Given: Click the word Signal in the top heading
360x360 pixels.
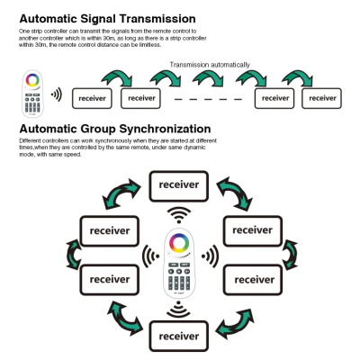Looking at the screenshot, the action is click(98, 19).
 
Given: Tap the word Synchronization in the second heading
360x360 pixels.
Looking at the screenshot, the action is click(165, 130).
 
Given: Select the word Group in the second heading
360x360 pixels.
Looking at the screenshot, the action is click(98, 130).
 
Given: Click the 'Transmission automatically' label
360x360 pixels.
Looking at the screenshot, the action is click(210, 65).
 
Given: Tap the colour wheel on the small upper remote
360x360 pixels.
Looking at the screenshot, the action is click(32, 80).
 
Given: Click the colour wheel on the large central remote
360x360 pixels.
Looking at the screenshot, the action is click(179, 242).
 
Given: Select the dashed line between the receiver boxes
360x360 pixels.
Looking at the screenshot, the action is click(208, 99).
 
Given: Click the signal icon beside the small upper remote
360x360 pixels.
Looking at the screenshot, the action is click(57, 94).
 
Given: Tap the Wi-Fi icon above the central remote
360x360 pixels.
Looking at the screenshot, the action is click(179, 215).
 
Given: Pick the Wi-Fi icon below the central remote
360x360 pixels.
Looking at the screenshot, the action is click(179, 310).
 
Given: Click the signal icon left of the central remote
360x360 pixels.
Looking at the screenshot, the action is click(151, 256).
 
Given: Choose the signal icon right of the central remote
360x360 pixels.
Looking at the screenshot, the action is click(210, 256).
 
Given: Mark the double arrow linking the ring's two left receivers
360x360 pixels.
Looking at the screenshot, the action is click(72, 255).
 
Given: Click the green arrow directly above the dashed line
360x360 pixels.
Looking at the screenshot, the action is click(208, 78).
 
